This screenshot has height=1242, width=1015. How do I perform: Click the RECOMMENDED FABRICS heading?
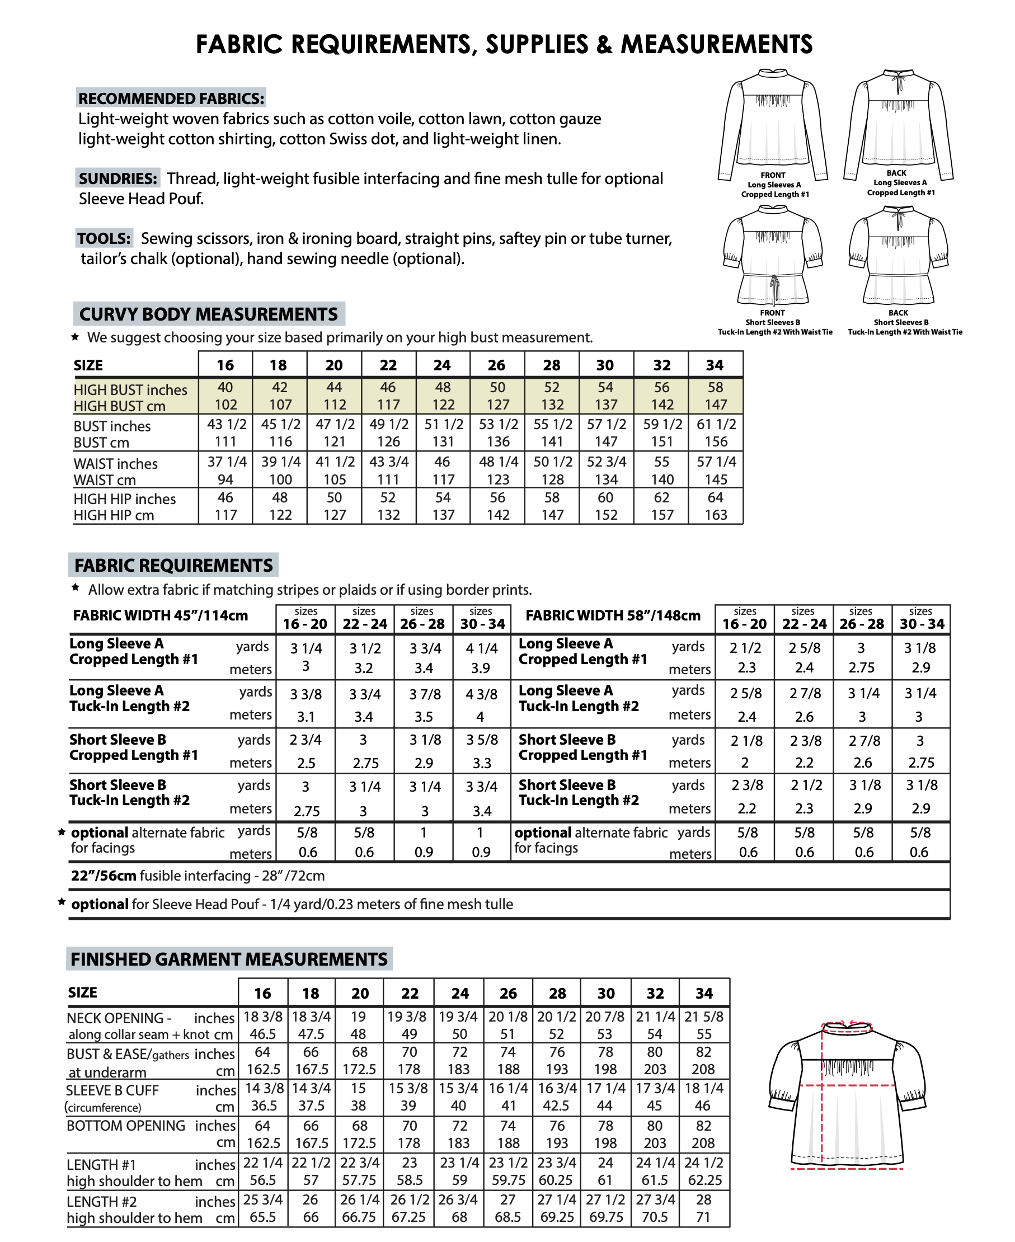coord(171,98)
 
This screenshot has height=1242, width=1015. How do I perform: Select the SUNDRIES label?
coord(118,178)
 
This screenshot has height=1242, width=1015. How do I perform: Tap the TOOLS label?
coord(104,238)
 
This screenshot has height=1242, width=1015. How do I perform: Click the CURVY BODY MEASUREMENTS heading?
coord(209,314)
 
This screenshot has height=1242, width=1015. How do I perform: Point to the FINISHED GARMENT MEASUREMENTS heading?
coord(229,959)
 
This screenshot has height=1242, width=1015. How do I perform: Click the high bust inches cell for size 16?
coord(225,388)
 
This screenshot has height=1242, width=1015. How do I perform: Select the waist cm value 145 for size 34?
coord(716,480)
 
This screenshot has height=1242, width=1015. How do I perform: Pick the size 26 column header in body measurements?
coord(496,365)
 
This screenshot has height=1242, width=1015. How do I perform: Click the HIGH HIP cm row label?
coord(114,515)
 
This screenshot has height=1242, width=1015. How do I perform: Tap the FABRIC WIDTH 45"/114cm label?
coord(160,615)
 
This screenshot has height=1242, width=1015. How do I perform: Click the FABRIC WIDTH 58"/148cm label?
coord(613,615)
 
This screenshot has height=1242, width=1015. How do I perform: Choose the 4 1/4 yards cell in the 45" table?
coord(481,648)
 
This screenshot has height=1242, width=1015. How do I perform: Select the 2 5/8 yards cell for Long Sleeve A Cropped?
coord(804,648)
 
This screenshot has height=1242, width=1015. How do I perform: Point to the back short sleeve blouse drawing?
coord(899,254)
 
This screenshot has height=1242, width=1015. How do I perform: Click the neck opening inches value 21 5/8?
coord(703,1017)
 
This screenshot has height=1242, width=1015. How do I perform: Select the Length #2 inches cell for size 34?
coord(703,1199)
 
